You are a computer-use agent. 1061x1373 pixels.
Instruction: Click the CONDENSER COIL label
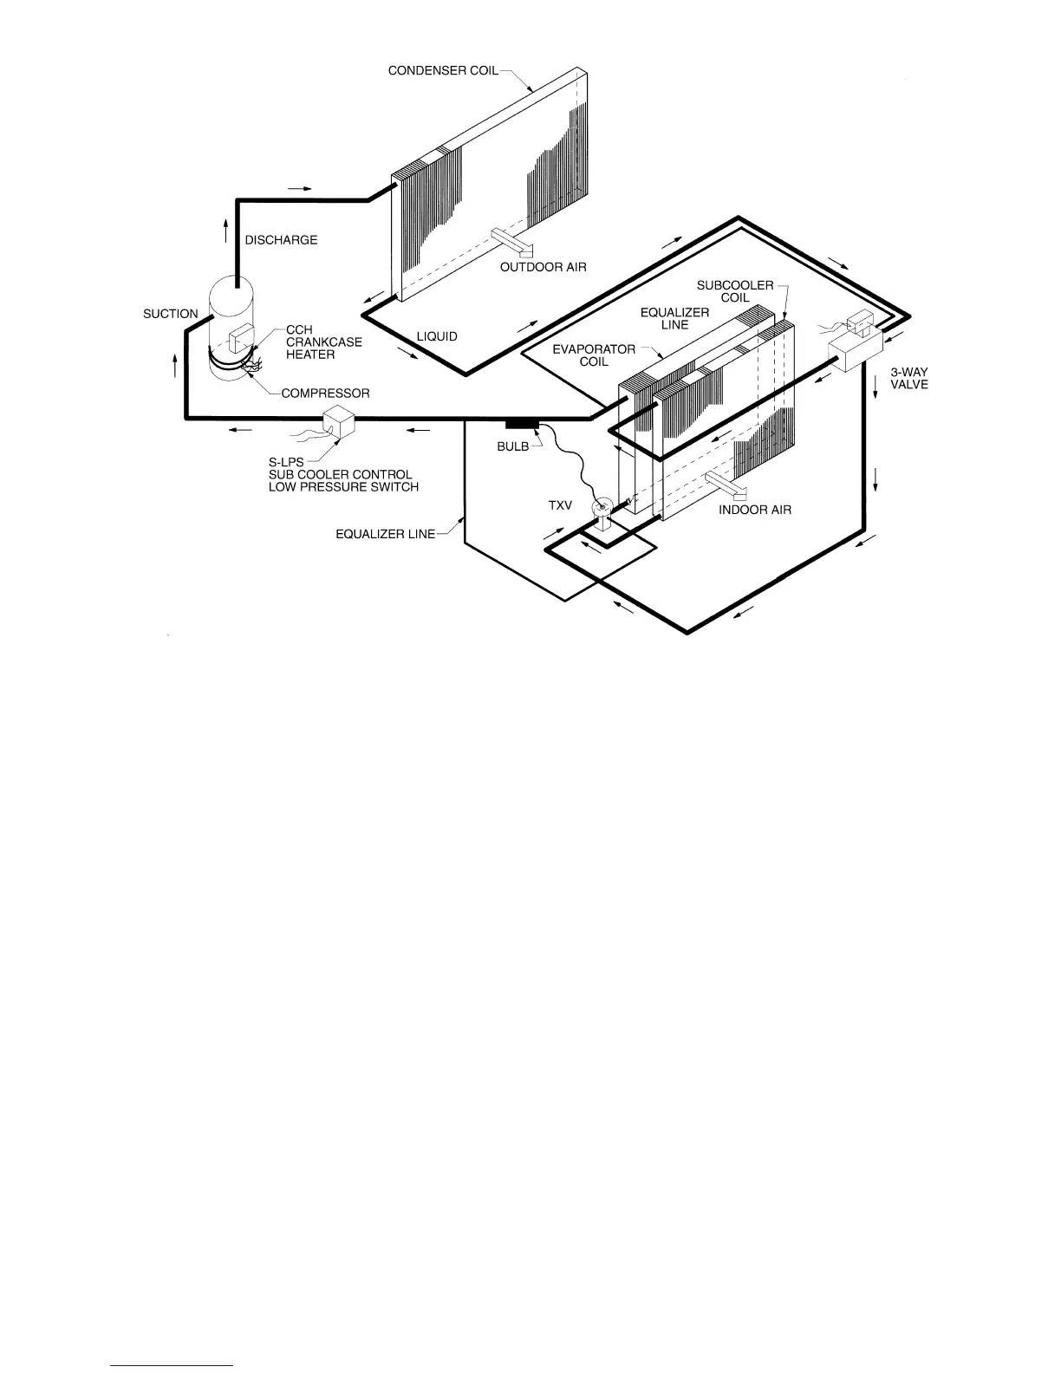tap(443, 70)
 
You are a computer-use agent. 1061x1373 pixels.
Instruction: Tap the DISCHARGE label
tap(281, 240)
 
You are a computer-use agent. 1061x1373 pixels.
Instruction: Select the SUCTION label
tap(171, 314)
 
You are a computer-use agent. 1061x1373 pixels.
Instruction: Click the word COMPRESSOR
tap(325, 394)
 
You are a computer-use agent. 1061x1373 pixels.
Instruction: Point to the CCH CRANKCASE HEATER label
tap(323, 342)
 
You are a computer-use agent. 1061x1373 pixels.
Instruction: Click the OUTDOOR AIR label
tap(543, 267)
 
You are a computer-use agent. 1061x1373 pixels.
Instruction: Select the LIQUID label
tap(437, 336)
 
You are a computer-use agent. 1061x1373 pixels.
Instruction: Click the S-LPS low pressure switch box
tap(338, 422)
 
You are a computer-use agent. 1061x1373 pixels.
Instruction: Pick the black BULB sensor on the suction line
tap(521, 424)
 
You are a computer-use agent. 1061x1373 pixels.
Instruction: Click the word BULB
tap(512, 446)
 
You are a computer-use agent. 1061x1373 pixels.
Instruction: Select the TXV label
tap(560, 504)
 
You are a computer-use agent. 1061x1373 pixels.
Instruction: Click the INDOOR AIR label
tap(755, 510)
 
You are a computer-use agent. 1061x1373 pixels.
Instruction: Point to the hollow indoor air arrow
tap(726, 485)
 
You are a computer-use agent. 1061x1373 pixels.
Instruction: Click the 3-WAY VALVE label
tap(909, 379)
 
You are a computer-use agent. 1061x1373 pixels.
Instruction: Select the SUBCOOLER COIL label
tap(735, 291)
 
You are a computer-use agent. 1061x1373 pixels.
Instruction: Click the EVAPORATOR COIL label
tap(594, 355)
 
